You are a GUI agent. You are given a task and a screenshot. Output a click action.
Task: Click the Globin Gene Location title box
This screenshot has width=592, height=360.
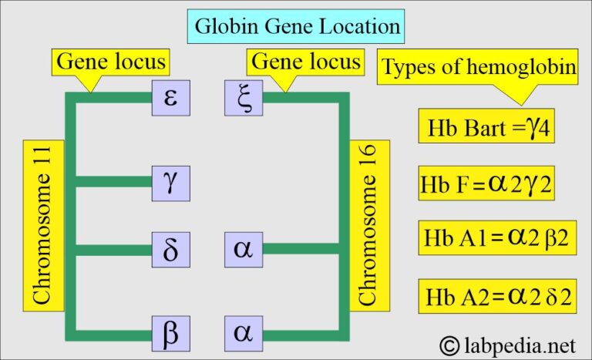296,26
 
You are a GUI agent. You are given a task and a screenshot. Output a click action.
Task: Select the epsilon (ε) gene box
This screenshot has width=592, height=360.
171,98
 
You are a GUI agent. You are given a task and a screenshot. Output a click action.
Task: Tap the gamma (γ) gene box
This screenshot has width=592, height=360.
171,183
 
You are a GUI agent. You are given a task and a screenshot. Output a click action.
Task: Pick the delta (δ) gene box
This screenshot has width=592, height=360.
171,250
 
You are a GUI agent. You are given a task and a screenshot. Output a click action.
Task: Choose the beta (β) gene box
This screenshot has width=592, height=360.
171,334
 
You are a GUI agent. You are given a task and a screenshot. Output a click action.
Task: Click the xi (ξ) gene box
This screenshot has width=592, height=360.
244,98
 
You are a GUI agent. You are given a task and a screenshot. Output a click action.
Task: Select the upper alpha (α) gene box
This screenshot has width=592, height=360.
244,250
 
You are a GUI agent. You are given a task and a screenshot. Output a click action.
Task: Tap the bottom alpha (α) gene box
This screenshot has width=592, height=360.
244,334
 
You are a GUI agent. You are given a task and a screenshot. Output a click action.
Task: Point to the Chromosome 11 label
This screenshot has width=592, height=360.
43,226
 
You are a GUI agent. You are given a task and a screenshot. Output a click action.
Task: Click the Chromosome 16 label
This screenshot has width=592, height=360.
369,226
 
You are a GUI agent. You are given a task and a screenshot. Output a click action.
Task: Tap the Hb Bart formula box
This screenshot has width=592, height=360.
486,126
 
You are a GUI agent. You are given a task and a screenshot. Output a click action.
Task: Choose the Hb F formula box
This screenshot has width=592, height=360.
486,183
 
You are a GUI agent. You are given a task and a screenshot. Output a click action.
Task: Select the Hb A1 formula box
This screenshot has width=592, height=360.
497,238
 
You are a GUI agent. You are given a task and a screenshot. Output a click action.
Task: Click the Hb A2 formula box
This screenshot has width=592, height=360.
497,296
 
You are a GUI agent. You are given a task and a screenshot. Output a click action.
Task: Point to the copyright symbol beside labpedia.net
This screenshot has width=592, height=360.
449,345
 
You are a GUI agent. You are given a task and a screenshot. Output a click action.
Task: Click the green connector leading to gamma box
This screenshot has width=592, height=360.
114,182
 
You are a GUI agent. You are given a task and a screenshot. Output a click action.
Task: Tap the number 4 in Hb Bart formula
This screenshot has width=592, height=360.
543,129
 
